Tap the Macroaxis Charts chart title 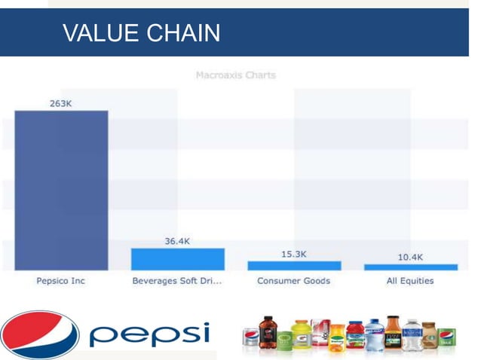pyautogui.click(x=235, y=75)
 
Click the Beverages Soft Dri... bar pyautogui.click(x=177, y=259)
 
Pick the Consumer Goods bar pyautogui.click(x=294, y=265)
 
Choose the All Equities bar pyautogui.click(x=410, y=267)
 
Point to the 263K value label pyautogui.click(x=61, y=103)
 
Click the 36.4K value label pyautogui.click(x=177, y=241)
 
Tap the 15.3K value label pyautogui.click(x=294, y=254)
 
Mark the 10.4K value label pyautogui.click(x=410, y=257)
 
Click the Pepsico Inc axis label pyautogui.click(x=61, y=281)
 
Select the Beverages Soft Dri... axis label pyautogui.click(x=177, y=281)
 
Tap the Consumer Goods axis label pyautogui.click(x=294, y=281)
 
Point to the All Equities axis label pyautogui.click(x=410, y=281)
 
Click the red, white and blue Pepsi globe pyautogui.click(x=39, y=334)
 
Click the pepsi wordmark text pyautogui.click(x=149, y=334)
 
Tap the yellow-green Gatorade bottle pyautogui.click(x=302, y=337)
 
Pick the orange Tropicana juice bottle pyautogui.click(x=337, y=340)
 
